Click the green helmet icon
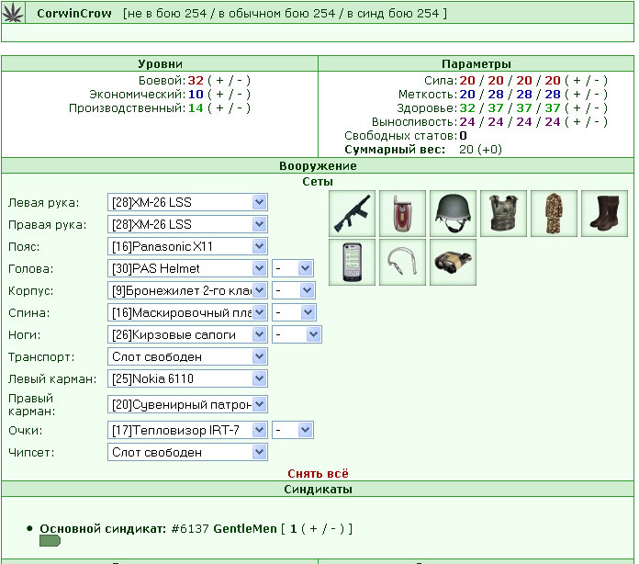pos(453,213)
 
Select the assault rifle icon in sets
pos(352,213)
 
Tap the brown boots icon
pos(604,213)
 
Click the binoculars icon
pos(453,262)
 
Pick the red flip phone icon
pos(402,213)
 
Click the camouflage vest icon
pos(503,213)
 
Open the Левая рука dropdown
pos(187,202)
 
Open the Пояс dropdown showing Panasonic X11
pos(187,246)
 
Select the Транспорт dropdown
pos(187,356)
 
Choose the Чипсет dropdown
pos(187,452)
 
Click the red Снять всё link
pos(318,473)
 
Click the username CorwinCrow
pos(74,14)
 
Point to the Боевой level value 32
pos(196,81)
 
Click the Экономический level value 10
pos(196,95)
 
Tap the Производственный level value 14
pos(196,108)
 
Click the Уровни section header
pos(160,64)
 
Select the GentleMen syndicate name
pos(245,529)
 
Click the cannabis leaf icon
pos(13,13)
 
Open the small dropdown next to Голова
pos(292,268)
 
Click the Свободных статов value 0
pos(463,136)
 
